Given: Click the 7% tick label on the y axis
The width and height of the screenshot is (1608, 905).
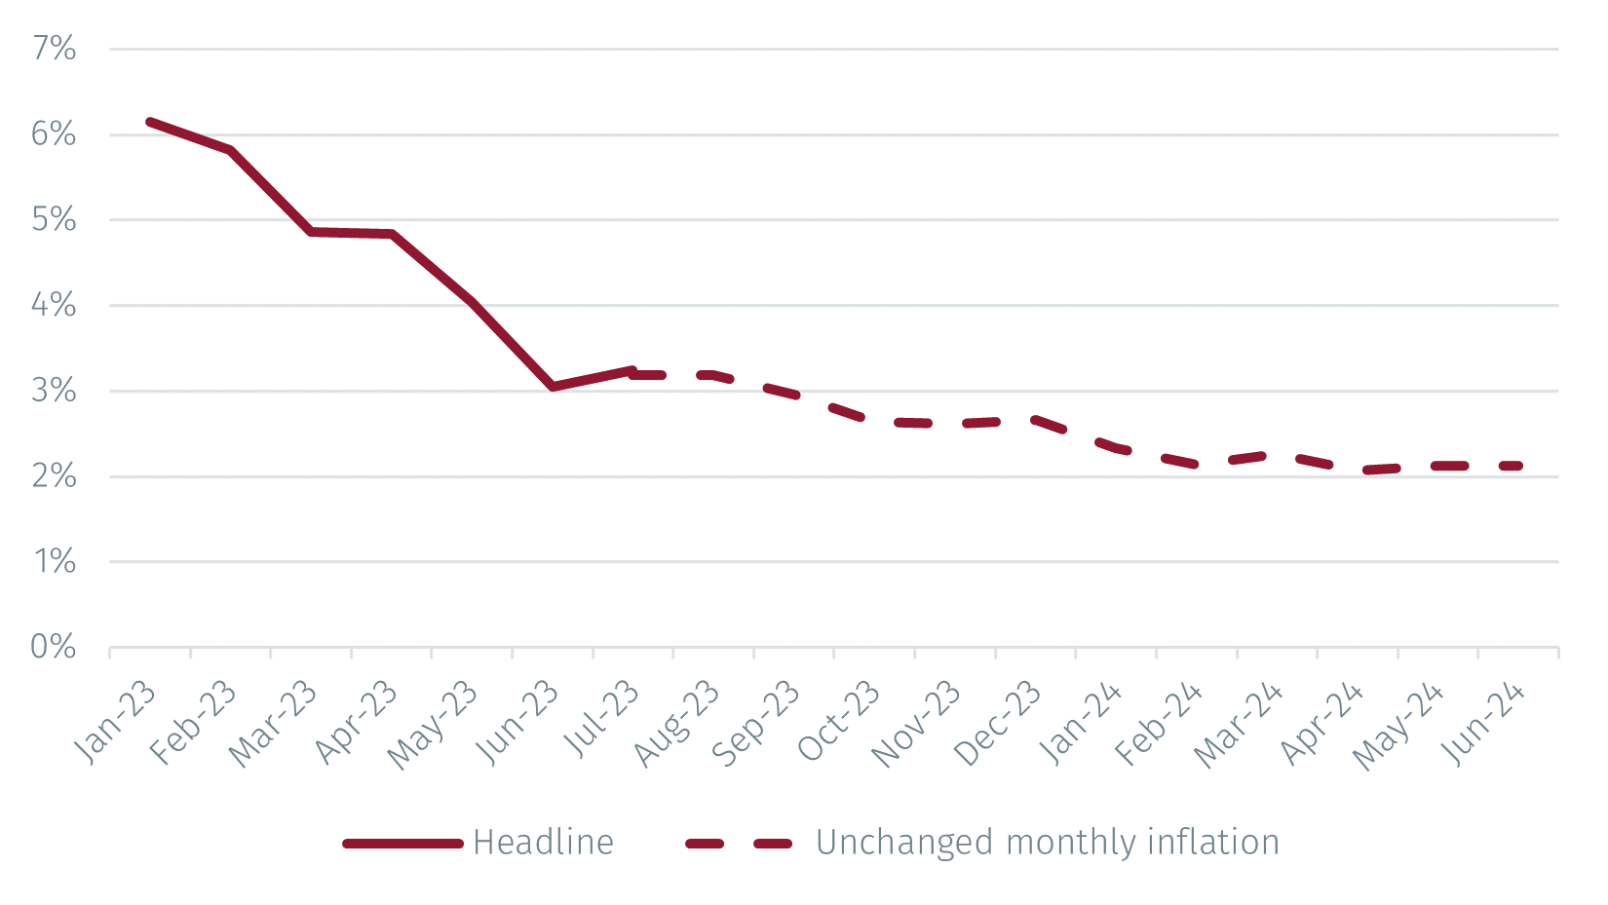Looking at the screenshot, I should (x=55, y=49).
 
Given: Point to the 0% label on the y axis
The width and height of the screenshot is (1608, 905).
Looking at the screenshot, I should (x=55, y=647).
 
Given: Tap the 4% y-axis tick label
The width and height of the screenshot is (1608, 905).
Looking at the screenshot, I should (x=55, y=305).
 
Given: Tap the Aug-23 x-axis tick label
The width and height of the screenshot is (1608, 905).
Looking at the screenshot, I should (x=678, y=723).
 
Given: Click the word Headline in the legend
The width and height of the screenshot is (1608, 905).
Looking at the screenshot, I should (x=543, y=843).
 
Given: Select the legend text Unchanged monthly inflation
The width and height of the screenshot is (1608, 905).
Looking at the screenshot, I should (x=1047, y=843).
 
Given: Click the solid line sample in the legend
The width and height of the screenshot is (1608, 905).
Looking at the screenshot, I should (x=402, y=844).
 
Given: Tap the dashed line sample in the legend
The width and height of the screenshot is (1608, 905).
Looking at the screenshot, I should (x=739, y=844).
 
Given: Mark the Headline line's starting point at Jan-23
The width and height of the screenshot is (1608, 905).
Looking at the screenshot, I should (x=149, y=122).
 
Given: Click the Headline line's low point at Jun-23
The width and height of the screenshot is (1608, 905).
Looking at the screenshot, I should (x=553, y=387).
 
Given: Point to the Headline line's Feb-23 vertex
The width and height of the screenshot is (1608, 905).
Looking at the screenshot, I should (x=230, y=150).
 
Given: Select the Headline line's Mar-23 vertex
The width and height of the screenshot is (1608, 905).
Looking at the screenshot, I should (x=311, y=232).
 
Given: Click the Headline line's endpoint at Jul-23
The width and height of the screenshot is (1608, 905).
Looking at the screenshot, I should (x=632, y=371).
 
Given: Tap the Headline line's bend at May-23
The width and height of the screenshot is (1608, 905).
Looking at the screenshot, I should (x=472, y=302).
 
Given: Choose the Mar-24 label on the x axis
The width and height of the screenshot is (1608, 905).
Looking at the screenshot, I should (x=1240, y=723).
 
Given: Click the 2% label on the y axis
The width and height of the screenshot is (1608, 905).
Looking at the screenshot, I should (x=55, y=476).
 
